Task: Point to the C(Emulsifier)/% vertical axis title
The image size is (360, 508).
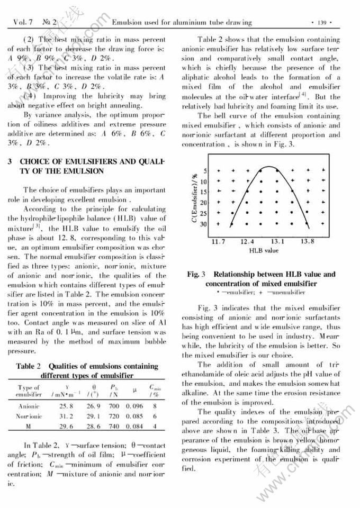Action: [195, 196]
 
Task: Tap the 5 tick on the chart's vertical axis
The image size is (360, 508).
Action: [206, 171]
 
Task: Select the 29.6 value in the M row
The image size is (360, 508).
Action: [66, 425]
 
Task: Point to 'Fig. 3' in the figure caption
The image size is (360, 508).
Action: [196, 274]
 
